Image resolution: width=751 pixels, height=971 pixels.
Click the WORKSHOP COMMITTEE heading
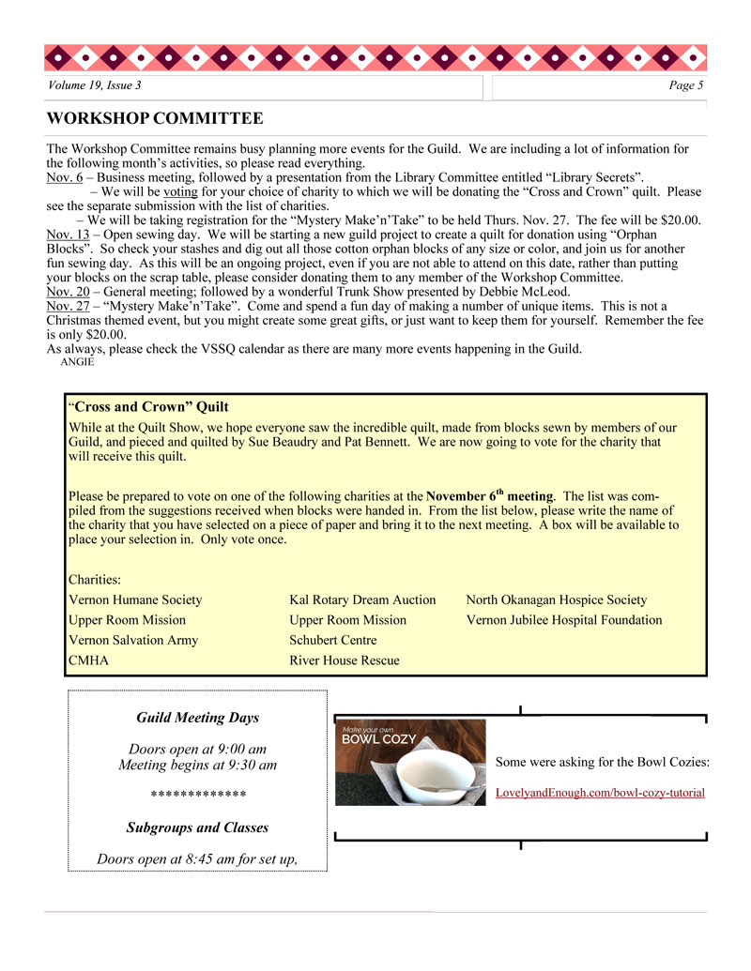point(155,119)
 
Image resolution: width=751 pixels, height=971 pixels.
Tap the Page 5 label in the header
point(685,86)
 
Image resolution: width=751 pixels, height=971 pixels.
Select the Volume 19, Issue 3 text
point(95,86)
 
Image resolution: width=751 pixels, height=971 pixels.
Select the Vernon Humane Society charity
point(135,599)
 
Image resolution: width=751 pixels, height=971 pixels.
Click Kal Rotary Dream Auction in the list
point(362,599)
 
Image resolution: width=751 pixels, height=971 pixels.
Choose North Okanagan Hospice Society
point(556,599)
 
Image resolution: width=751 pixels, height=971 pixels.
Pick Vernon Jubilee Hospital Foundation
point(563,620)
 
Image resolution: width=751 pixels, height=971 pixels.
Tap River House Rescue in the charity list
point(345,660)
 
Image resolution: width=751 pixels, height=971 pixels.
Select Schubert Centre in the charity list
point(333,640)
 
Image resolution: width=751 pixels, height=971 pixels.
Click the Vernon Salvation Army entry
point(133,640)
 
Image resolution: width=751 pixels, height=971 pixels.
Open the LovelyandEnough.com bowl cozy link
point(600,793)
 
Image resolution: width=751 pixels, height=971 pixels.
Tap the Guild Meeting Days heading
point(197,718)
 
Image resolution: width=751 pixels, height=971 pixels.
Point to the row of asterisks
point(198,796)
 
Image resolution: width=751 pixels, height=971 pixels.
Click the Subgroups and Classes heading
point(197,827)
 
